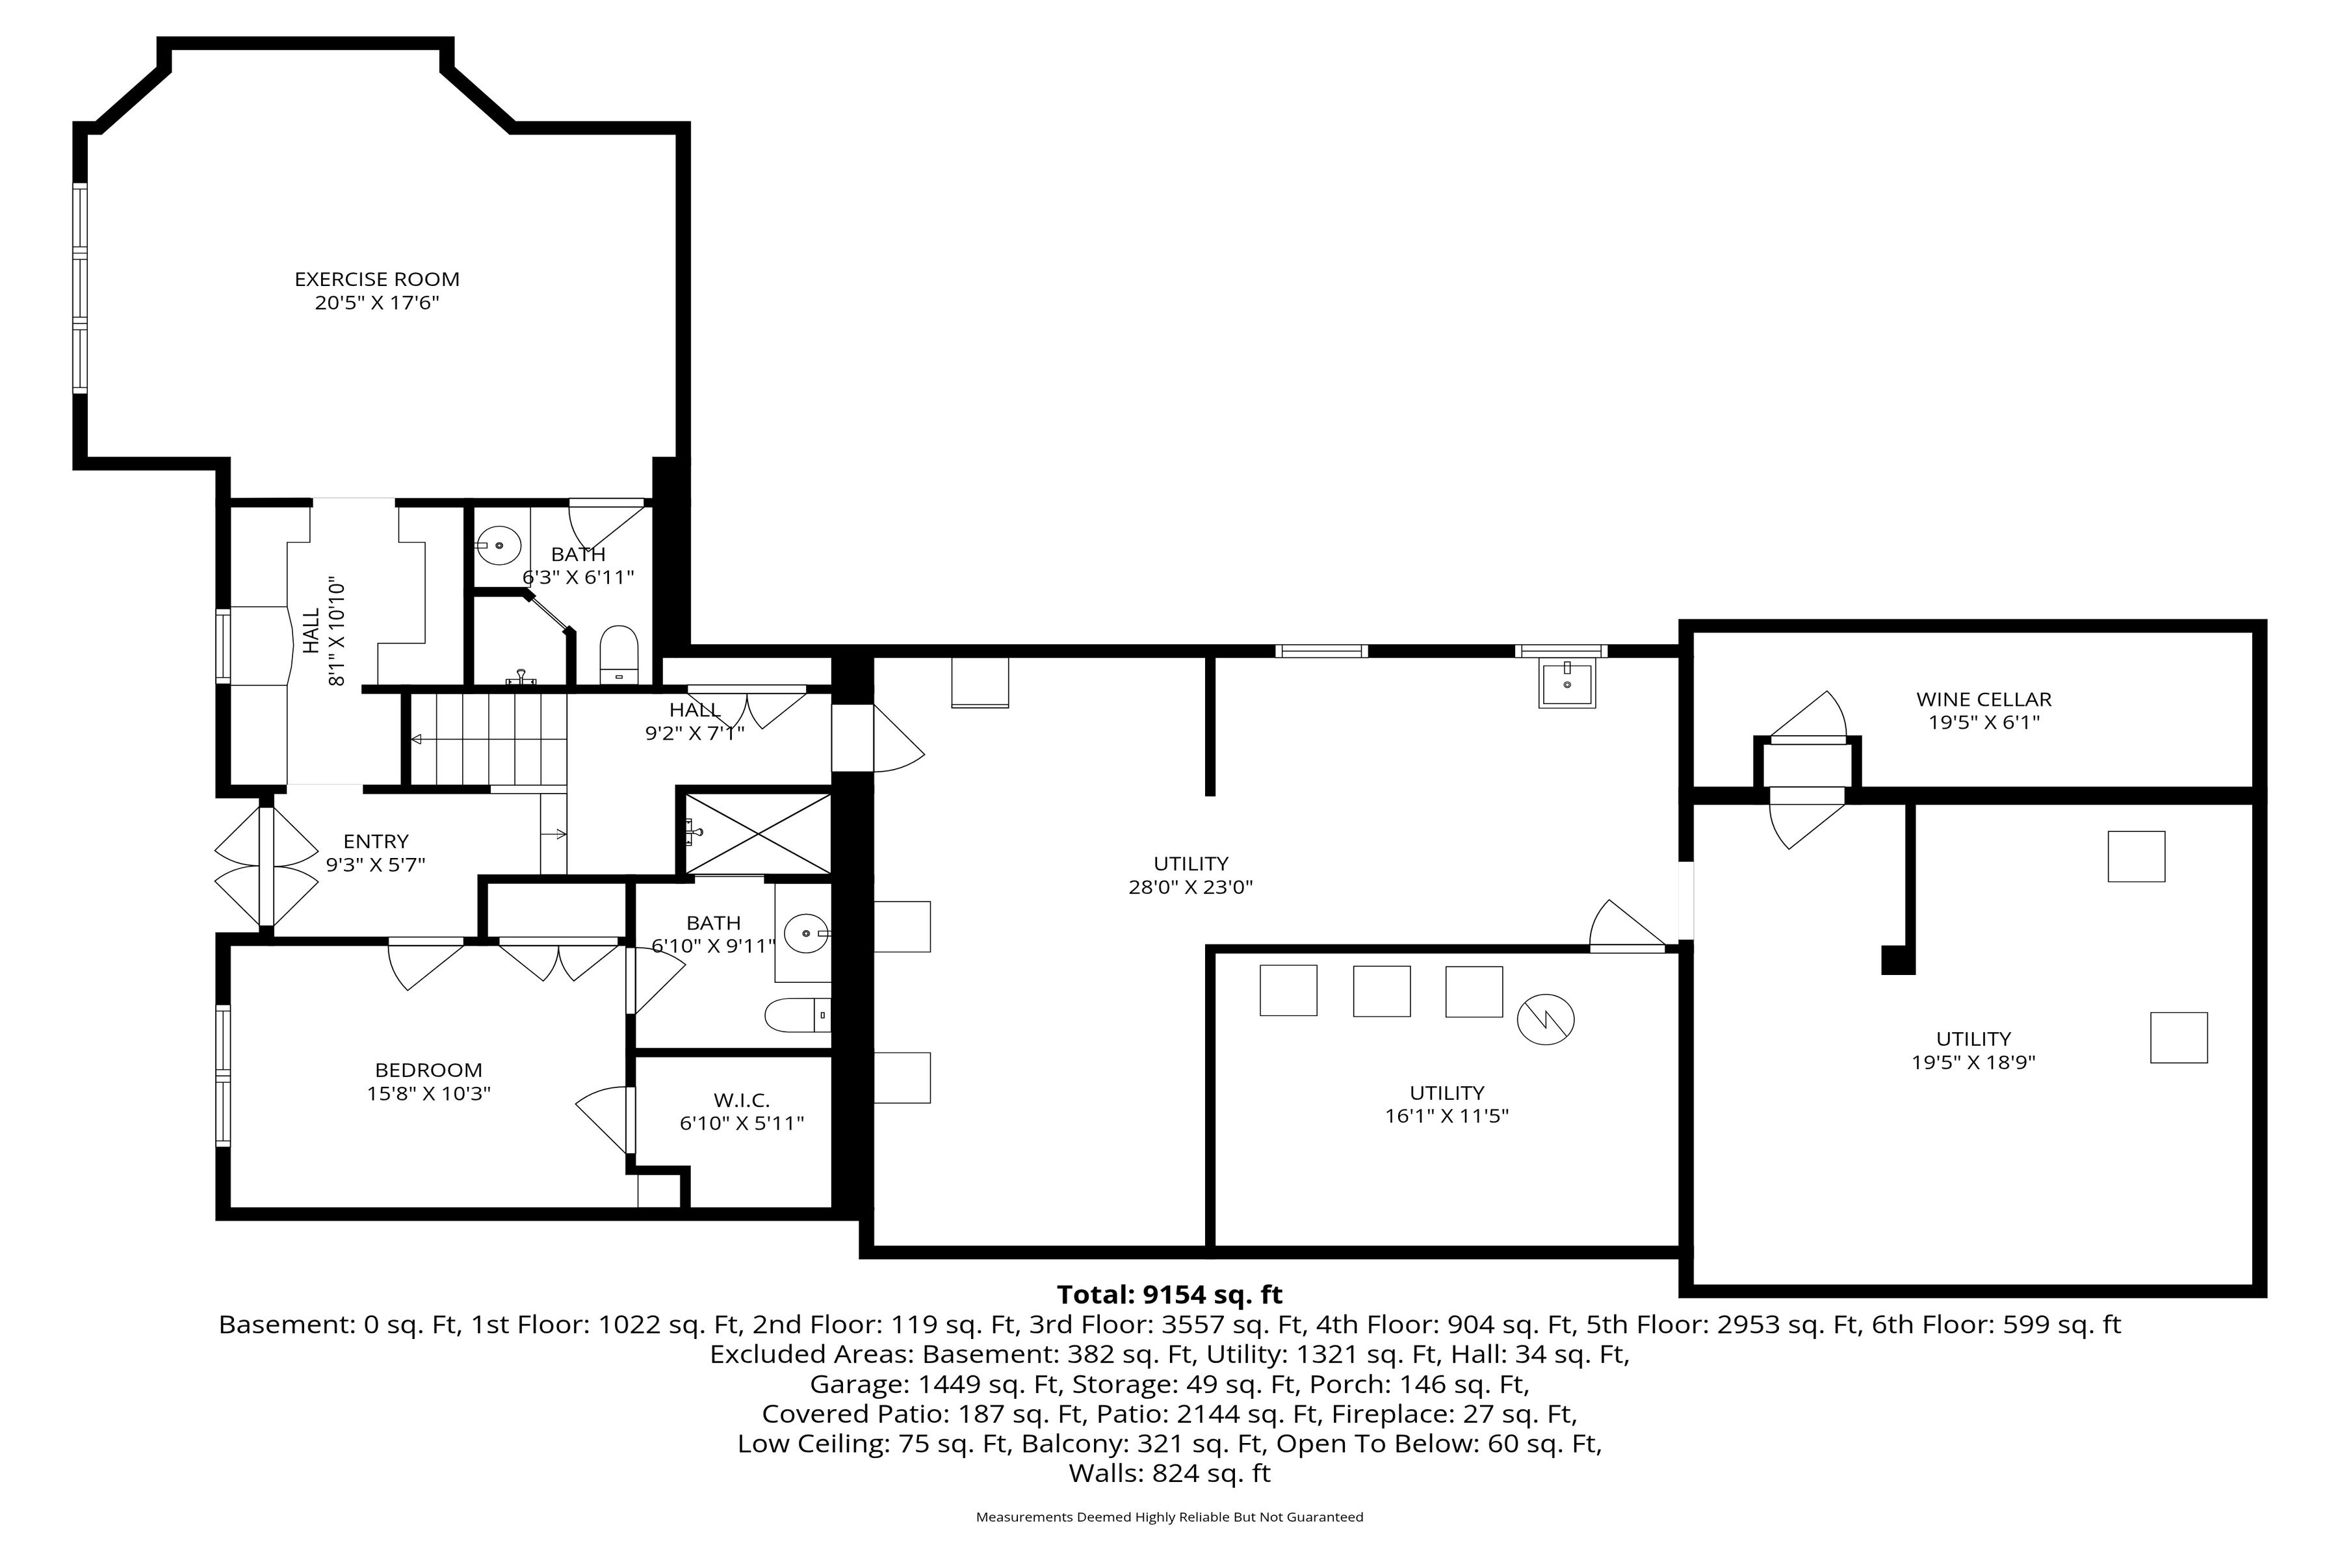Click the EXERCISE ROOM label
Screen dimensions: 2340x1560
(376, 279)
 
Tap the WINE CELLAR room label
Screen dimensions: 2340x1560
(1984, 699)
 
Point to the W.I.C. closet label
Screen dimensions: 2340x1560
(741, 1100)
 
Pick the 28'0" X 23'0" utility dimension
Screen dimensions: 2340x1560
(1190, 887)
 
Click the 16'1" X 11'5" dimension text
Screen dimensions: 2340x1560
(1447, 1116)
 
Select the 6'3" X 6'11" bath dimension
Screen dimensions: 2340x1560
(578, 577)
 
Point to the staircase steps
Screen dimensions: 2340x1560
(489, 740)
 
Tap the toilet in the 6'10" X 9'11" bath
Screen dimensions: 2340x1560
(797, 1016)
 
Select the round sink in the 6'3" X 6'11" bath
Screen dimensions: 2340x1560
(499, 546)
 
